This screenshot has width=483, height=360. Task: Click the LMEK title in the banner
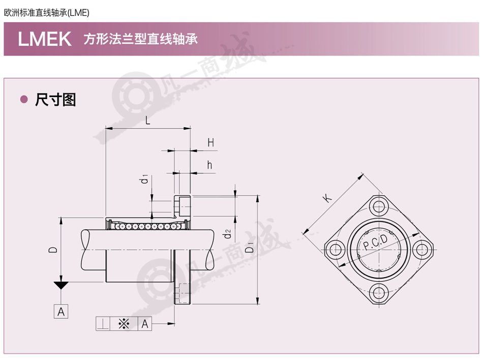[x=45, y=39]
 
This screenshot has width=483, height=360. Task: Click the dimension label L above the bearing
[x=147, y=120]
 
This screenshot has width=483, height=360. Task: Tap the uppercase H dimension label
[x=210, y=142]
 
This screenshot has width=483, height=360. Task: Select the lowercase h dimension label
[x=210, y=165]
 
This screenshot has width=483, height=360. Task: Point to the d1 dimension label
[x=144, y=178]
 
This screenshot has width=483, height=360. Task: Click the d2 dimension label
[x=227, y=234]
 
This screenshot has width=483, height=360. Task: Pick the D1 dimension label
[x=249, y=247]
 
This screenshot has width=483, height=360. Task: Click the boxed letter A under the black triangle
[x=61, y=312]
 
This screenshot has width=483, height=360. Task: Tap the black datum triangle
[x=61, y=285]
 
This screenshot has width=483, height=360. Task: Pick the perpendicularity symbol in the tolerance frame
[x=103, y=324]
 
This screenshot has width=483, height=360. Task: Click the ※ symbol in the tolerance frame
[x=124, y=324]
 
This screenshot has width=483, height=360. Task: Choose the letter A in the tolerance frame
[x=145, y=324]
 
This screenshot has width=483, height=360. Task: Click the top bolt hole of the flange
[x=379, y=206]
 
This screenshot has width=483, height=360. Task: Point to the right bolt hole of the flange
[x=422, y=250]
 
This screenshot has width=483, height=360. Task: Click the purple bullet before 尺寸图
[x=24, y=99]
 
